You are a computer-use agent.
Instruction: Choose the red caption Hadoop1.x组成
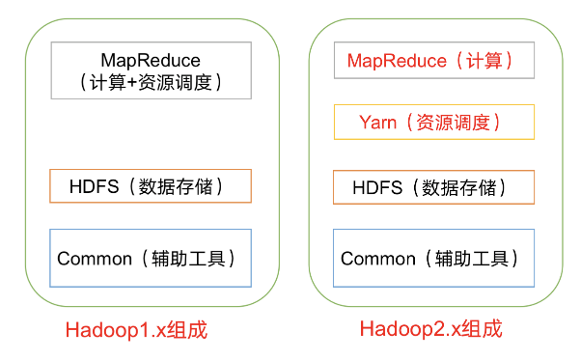[x=136, y=329]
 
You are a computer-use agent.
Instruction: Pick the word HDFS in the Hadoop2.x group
[x=377, y=186]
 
